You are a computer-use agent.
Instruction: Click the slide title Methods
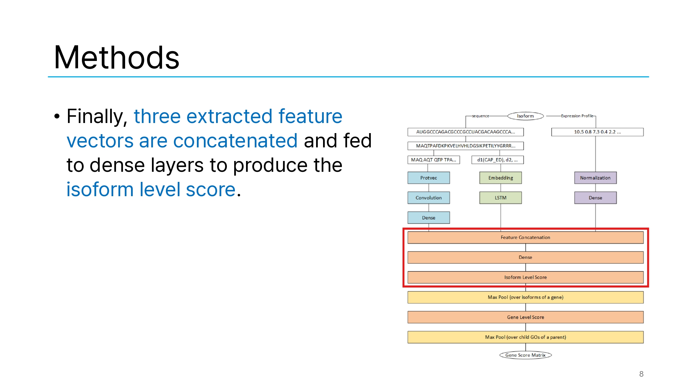click(x=117, y=57)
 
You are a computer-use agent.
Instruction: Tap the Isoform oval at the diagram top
click(x=526, y=116)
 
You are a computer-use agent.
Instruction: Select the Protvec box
click(x=429, y=178)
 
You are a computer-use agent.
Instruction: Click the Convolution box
click(x=429, y=198)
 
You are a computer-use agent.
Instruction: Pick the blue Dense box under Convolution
click(x=429, y=218)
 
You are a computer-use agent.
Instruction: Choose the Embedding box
click(x=501, y=178)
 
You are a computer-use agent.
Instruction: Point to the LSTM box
click(x=501, y=198)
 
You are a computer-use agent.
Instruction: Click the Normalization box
click(x=595, y=178)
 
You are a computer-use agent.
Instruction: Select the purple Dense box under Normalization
click(x=595, y=198)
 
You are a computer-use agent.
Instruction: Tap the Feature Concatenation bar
click(x=526, y=237)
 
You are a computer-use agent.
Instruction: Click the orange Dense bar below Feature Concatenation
click(x=526, y=257)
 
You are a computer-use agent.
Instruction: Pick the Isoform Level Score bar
click(x=526, y=277)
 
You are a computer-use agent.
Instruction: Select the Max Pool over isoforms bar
click(x=526, y=297)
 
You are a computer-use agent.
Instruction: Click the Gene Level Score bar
click(x=526, y=317)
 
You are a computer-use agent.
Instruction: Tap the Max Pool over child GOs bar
click(x=526, y=337)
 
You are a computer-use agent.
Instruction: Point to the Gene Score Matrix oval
click(x=526, y=355)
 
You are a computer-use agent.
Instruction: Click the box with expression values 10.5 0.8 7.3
click(x=597, y=132)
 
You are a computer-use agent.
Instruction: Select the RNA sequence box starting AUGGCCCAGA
click(x=466, y=132)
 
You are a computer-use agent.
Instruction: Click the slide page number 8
click(x=641, y=374)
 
